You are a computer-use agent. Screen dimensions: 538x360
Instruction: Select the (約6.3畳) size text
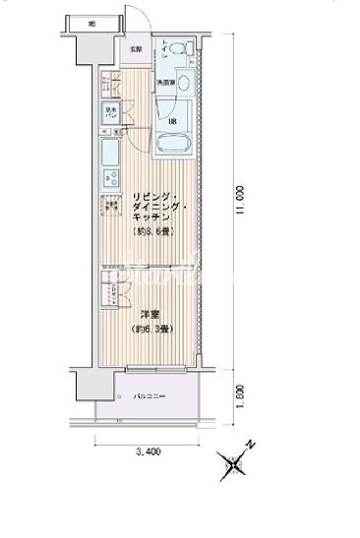pyautogui.click(x=150, y=330)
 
